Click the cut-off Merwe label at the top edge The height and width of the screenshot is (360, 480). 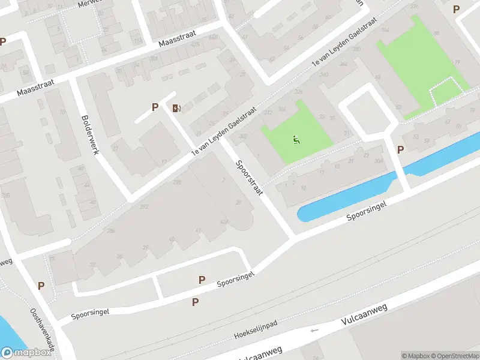(91, 4)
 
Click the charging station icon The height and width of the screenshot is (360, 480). (176, 108)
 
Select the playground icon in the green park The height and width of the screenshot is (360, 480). (296, 140)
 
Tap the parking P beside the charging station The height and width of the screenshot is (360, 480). (155, 107)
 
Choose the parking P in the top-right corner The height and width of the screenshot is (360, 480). (456, 10)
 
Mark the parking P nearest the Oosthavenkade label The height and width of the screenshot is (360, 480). (41, 286)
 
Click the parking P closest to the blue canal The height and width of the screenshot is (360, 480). (400, 149)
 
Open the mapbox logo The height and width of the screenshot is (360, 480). (26, 353)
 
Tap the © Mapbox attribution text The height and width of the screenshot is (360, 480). (417, 356)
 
